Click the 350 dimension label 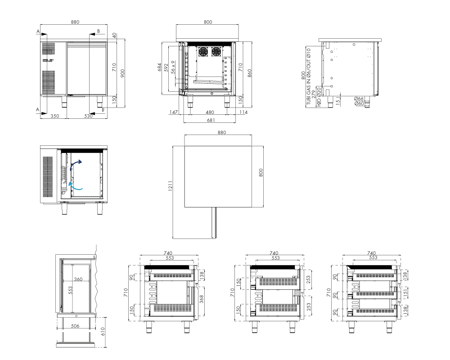point(55,116)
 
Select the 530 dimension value point(88,116)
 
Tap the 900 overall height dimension point(122,73)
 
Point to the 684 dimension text point(160,67)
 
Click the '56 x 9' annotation point(173,67)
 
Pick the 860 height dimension point(249,73)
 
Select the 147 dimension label point(173,112)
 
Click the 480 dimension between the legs point(210,112)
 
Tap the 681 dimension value point(211,120)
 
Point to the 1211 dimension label point(170,186)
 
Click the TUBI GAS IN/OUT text point(309,76)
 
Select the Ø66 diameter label point(359,99)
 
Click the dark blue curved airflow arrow point(76,165)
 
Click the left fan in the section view point(203,52)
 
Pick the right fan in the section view point(216,52)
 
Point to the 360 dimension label point(78,279)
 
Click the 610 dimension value point(103,332)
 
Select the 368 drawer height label point(202,299)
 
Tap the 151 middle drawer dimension point(405,293)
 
